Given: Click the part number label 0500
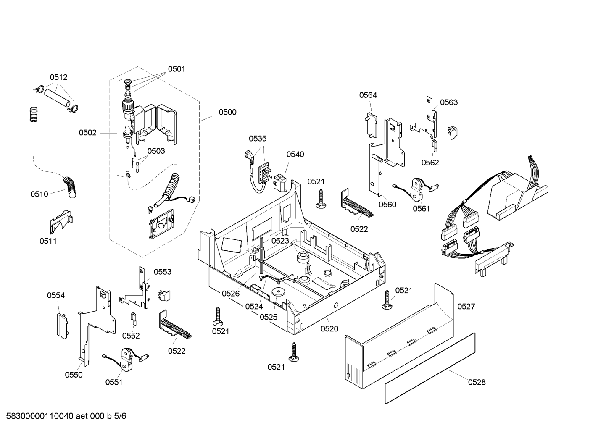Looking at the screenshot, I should point(227,112).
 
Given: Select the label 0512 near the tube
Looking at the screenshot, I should point(58,77).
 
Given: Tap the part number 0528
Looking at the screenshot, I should point(477,382).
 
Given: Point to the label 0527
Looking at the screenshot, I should point(466,307).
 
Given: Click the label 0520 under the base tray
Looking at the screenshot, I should point(329,329).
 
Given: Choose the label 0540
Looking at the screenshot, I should point(295,155).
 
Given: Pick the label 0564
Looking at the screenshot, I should point(368,95).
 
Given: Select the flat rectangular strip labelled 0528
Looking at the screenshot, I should point(430,368).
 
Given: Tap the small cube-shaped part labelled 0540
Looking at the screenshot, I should point(279,183).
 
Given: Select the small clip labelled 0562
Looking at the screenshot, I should point(435,145).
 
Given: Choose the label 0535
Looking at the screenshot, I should point(258,139).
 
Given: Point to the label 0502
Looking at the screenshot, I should point(87,133).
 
